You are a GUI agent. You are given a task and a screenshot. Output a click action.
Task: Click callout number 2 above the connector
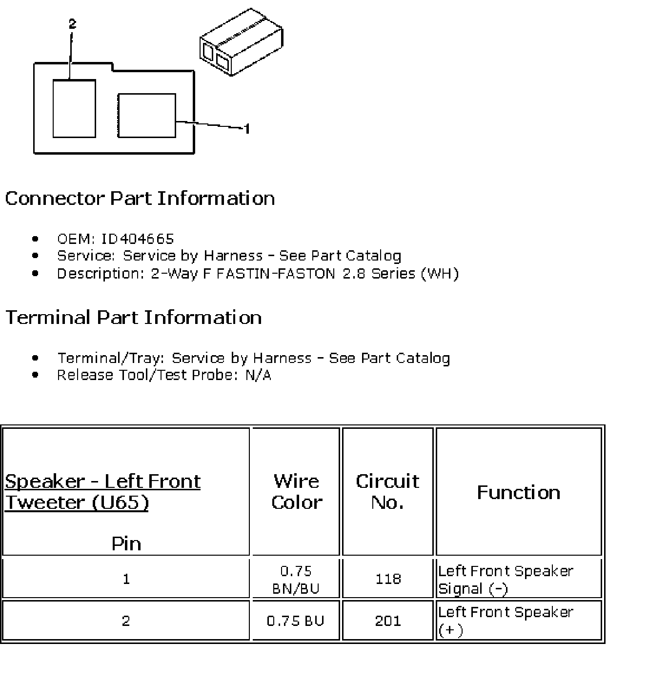pos(72,24)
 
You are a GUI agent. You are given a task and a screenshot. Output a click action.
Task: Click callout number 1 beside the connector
pos(247,129)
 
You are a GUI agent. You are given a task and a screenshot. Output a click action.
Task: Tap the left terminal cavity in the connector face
pos(74,108)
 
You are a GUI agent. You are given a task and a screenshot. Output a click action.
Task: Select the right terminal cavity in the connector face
pos(147,115)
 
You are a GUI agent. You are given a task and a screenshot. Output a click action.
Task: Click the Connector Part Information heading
pos(140,199)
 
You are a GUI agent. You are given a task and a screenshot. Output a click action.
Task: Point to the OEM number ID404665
pos(137,239)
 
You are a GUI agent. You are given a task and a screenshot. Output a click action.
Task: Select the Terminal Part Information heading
pos(133,318)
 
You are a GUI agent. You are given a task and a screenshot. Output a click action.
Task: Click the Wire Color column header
pos(296,492)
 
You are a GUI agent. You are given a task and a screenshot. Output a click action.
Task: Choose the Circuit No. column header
pos(387,492)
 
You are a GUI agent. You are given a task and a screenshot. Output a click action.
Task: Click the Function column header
pos(518,492)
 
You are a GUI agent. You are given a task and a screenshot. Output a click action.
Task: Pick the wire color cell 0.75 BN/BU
pos(296,580)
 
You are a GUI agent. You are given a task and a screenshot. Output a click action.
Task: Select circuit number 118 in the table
pos(388,579)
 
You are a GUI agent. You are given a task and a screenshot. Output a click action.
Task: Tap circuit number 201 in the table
pos(388,621)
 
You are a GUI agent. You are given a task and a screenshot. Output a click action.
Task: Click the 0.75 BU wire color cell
pos(296,621)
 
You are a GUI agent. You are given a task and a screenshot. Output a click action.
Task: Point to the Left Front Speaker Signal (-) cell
pos(506,580)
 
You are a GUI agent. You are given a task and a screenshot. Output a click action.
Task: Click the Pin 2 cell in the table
pos(126,621)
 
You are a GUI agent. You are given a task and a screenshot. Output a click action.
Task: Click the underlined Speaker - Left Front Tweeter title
pos(102,492)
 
